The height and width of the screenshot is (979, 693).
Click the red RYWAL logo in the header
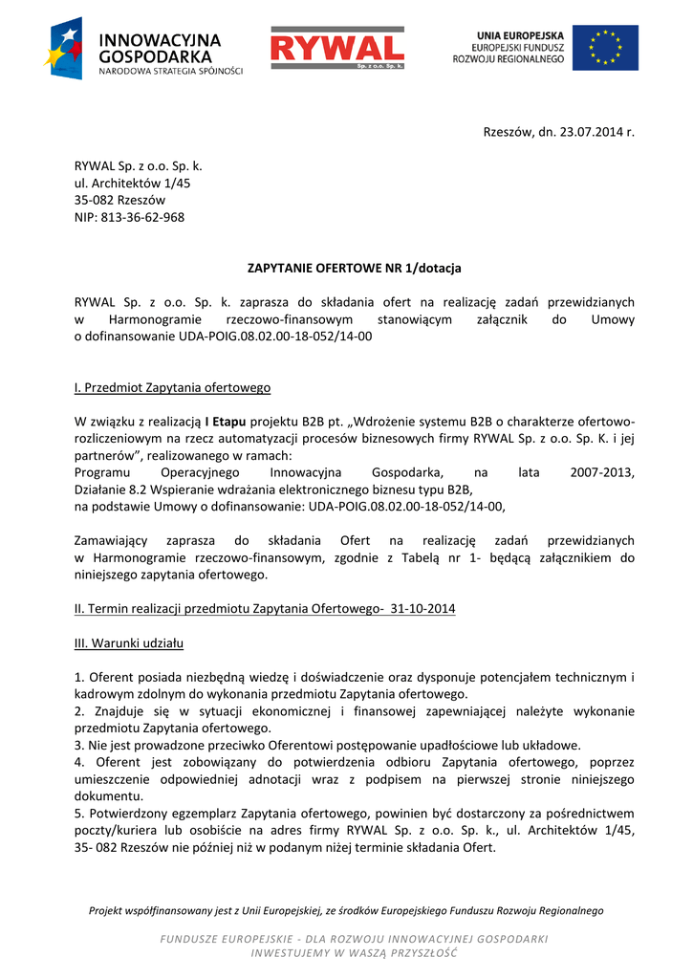[336, 48]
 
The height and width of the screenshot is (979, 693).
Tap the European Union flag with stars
[606, 48]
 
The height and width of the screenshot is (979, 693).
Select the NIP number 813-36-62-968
[142, 217]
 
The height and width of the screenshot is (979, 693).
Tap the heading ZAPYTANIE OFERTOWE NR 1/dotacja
[355, 268]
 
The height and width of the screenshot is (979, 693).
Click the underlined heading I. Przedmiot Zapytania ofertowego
[172, 387]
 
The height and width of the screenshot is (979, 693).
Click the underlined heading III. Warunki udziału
[129, 642]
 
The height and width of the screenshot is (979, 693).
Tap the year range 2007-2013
[601, 472]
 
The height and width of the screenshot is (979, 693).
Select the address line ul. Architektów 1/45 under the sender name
[132, 183]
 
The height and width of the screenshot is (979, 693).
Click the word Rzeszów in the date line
[508, 132]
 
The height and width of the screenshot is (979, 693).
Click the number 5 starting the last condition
[78, 813]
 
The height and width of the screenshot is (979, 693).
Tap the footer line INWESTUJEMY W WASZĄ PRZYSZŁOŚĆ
[354, 953]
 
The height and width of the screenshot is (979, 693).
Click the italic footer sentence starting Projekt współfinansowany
[346, 910]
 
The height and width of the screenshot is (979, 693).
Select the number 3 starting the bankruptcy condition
[78, 745]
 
